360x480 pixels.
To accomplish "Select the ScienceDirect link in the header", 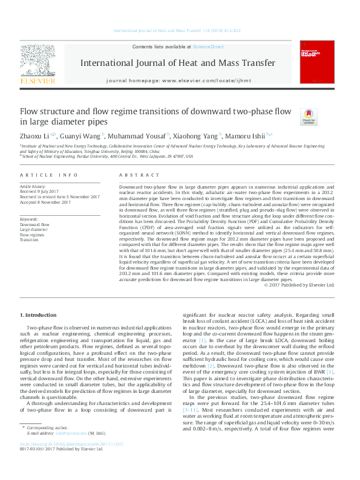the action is click(208, 47).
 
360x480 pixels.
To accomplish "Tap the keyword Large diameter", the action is click(34, 229).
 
